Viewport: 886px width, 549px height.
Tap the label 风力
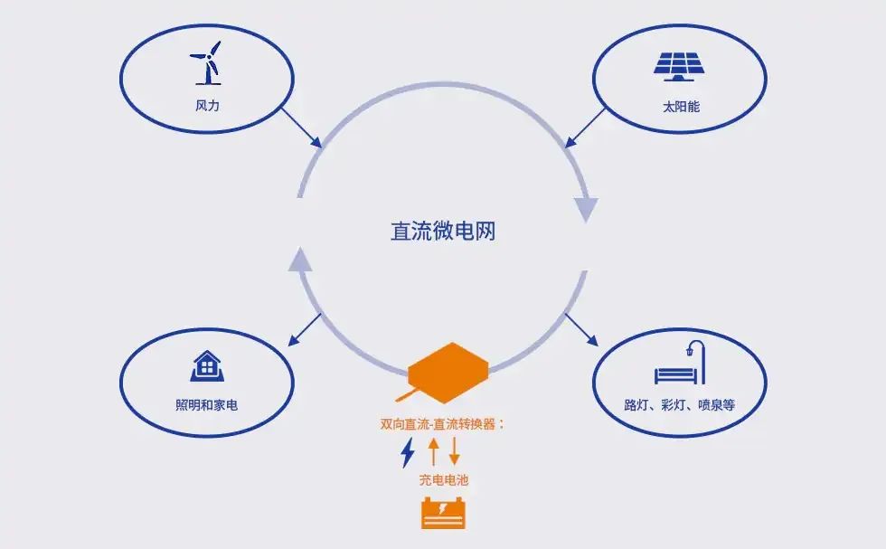coord(207,106)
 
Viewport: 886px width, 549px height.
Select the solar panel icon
coord(679,67)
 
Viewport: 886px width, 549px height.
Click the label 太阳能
coord(681,107)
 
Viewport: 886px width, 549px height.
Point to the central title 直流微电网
coord(443,232)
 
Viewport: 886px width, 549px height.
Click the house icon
coord(207,365)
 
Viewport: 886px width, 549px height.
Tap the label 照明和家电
coord(207,405)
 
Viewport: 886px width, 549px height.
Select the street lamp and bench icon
coord(680,363)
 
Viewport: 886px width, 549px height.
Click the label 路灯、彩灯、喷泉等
coord(680,405)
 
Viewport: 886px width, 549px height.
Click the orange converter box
coord(447,373)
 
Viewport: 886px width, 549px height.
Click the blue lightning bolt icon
coord(408,452)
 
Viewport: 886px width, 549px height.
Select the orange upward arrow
coord(433,451)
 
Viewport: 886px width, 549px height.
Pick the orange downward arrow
coord(454,451)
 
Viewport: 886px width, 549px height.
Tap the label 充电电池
coord(444,480)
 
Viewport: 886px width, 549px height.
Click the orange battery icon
coord(444,513)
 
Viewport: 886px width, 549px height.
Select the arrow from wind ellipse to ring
coord(302,128)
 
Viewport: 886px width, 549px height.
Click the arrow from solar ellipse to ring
coord(585,128)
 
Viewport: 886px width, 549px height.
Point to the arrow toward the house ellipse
coord(305,329)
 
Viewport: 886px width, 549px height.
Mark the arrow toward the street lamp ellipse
coord(581,329)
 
